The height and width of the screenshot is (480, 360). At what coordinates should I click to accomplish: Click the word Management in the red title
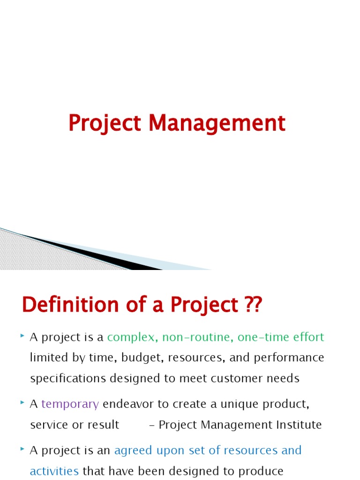217,124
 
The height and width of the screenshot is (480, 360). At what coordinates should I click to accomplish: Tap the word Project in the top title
105,124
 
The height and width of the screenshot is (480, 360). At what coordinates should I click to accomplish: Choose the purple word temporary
70,404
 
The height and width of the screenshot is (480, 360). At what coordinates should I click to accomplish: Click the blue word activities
54,471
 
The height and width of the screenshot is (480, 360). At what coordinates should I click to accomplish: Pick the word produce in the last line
261,471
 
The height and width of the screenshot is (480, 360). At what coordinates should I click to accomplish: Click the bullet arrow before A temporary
23,403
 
